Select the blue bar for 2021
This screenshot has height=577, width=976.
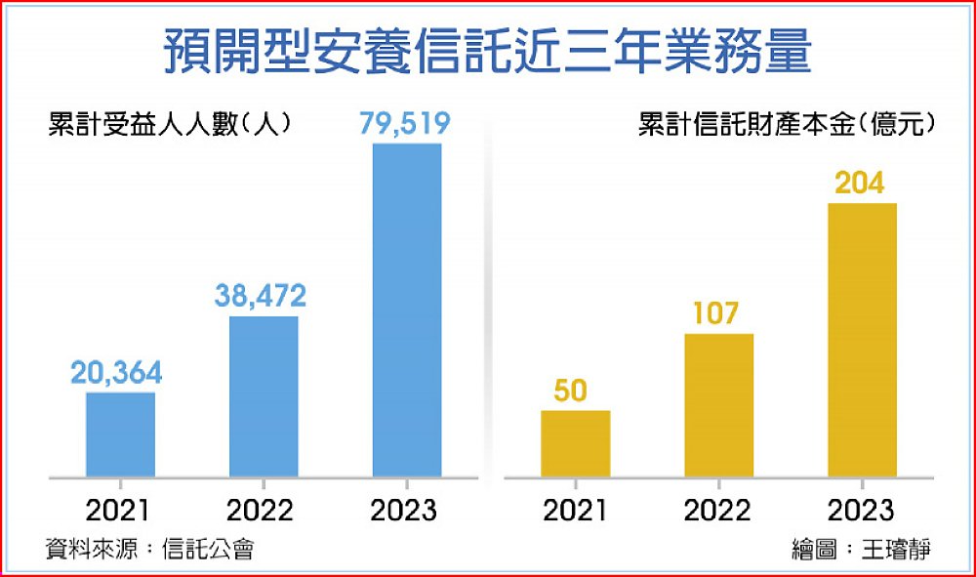point(120,434)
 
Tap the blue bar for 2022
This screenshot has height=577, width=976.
point(264,396)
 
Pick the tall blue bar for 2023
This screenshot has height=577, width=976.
point(406,310)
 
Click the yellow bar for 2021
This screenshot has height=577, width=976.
point(575,443)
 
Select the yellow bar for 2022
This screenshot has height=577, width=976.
point(718,405)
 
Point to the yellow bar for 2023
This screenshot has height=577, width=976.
point(862,340)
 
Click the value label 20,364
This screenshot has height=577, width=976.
point(116,372)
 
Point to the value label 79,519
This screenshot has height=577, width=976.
point(406,123)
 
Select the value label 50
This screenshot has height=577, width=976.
point(573,391)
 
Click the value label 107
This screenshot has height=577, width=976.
point(717,313)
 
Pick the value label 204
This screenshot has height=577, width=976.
point(862,183)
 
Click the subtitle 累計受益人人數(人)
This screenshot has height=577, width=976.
point(169,126)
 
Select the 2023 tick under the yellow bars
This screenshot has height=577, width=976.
point(861,510)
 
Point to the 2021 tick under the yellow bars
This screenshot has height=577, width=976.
point(574,510)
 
